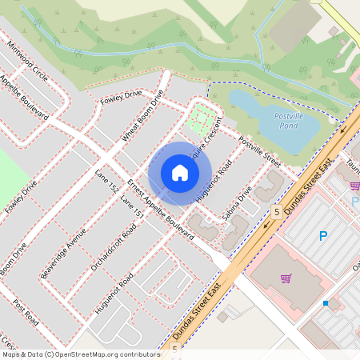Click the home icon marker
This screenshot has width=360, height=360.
click(180, 173)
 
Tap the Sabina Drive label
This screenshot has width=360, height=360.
click(237, 203)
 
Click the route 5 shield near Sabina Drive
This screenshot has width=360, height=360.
click(276, 212)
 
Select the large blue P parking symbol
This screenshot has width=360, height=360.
click(324, 236)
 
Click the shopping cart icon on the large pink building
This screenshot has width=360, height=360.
click(286, 278)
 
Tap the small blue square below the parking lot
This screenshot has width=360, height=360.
click(326, 303)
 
